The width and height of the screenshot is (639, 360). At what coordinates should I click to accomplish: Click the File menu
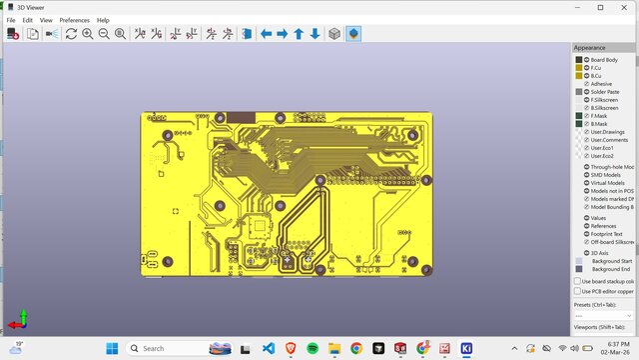click(x=11, y=20)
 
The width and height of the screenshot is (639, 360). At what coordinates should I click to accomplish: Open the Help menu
click(x=103, y=20)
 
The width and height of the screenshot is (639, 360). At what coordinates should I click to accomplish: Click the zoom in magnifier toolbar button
click(x=88, y=34)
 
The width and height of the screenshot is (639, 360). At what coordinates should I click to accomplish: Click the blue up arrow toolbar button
click(x=298, y=34)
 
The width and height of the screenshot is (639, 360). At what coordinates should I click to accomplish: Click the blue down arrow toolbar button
click(x=315, y=34)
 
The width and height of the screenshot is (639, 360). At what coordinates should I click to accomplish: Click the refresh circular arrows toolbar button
click(x=71, y=34)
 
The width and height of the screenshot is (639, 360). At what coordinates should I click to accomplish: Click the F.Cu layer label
click(x=597, y=68)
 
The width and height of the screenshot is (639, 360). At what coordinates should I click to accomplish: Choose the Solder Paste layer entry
click(x=606, y=92)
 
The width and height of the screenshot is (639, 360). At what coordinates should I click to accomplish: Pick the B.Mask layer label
click(x=600, y=124)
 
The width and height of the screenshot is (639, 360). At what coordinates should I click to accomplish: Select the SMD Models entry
click(x=606, y=175)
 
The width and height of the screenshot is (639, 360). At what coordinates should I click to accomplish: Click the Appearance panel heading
click(x=589, y=47)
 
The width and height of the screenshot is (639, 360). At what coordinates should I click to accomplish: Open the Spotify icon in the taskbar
click(x=312, y=348)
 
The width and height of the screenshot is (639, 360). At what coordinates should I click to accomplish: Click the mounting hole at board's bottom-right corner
click(x=426, y=270)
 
